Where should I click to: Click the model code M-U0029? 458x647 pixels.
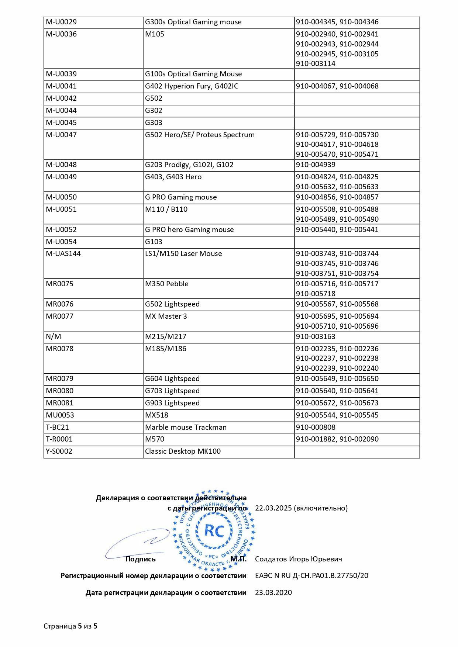61,22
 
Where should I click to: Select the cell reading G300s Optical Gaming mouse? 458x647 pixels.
193,22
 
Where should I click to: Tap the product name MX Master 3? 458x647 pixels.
166,316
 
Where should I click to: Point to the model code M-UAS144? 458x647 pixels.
63,254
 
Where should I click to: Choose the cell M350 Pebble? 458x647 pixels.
167,284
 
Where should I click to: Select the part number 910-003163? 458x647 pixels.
316,337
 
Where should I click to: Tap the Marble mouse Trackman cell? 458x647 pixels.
186,428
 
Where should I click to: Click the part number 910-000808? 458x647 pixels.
316,428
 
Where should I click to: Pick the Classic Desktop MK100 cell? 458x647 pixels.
183,451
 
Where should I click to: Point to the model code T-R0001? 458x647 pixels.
59,439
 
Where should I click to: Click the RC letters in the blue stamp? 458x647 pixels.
214,531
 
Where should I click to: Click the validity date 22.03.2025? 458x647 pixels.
273,508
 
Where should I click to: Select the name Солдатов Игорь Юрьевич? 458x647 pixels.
298,559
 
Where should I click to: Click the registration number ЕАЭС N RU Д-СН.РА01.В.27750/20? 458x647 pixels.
311,576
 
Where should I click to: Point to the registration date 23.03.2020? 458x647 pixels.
273,593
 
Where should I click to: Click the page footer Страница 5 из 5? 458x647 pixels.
70,626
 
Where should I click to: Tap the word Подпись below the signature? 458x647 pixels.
140,559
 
